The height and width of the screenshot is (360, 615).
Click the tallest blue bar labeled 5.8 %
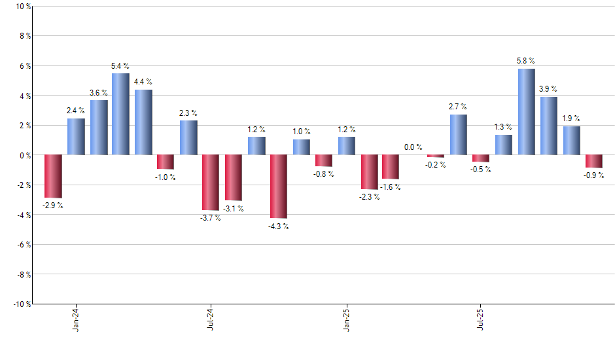[x=526, y=112]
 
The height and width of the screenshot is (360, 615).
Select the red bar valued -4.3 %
[x=278, y=187]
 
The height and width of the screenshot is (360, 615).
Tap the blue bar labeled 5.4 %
[x=120, y=115]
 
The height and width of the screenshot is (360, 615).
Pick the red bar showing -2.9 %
[x=53, y=176]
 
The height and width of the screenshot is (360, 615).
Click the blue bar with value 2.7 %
[x=459, y=135]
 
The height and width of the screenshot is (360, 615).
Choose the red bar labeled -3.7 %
[x=211, y=182]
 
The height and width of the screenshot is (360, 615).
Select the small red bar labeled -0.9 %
[x=594, y=161]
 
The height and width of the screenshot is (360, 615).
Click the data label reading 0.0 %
[x=413, y=147]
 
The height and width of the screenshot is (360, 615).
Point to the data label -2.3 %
[x=368, y=197]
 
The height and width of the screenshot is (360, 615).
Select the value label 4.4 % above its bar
[x=143, y=82]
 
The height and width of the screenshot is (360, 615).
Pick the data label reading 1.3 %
[x=503, y=127]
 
